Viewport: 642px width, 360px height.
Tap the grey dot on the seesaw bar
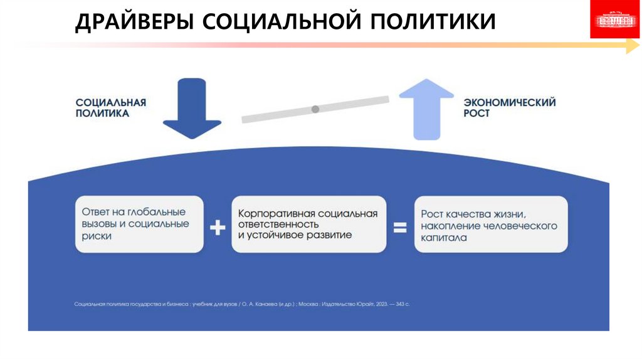315,109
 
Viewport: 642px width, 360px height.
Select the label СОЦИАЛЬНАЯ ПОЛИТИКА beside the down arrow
111,108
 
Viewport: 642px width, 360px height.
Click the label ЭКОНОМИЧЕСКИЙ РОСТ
510,108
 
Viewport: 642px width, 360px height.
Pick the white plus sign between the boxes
217,227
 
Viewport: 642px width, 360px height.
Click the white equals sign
400,227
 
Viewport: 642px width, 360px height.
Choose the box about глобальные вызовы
139,224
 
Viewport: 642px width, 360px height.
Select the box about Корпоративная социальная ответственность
308,224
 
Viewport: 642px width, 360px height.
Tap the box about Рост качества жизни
490,224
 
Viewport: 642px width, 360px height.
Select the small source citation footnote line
241,304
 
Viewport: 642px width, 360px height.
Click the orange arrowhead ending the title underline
632,45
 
